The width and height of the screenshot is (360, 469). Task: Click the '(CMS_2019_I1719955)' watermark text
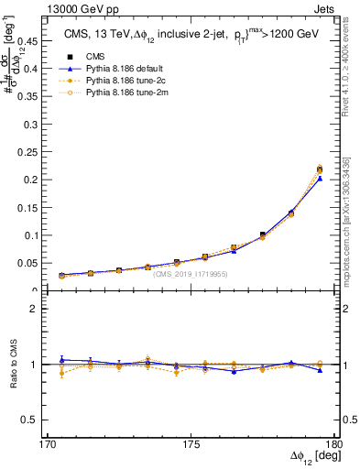190,274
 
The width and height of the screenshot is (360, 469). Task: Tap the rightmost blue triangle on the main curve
320,179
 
